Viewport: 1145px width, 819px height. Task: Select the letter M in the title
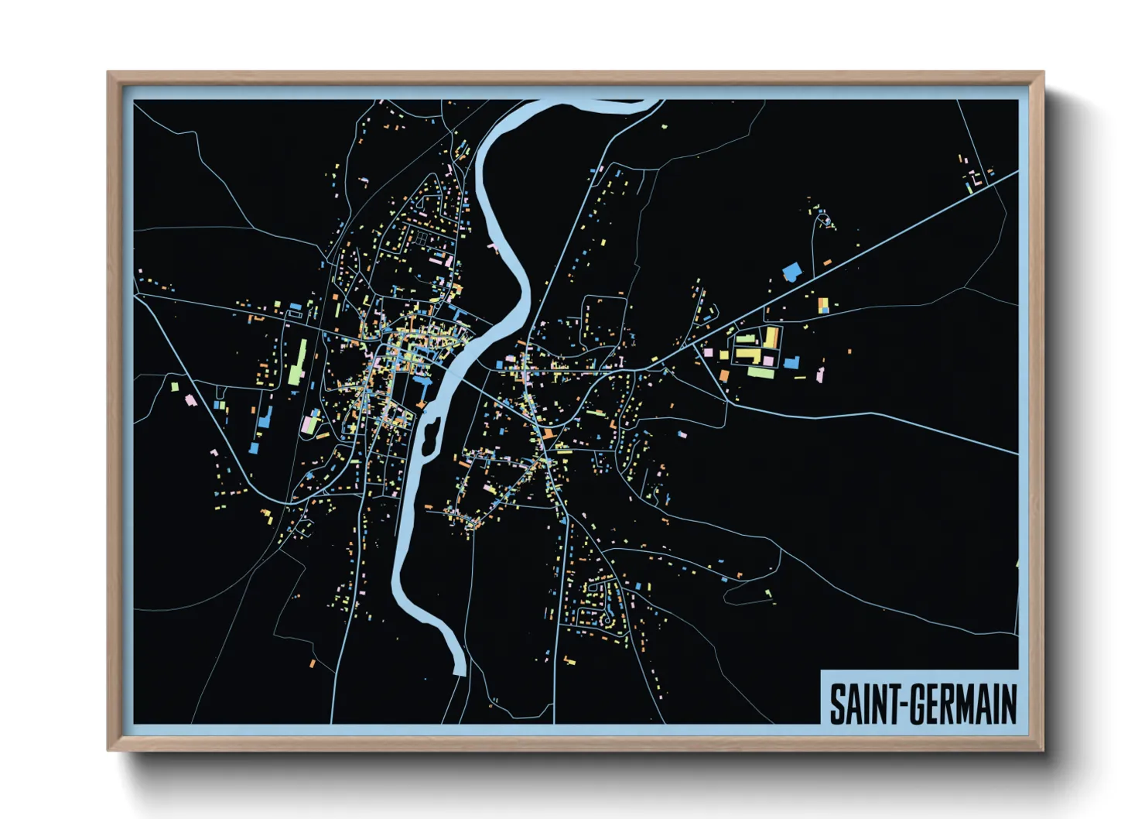(969, 704)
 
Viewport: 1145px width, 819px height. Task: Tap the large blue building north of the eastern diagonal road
(792, 272)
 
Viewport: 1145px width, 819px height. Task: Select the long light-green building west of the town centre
(299, 362)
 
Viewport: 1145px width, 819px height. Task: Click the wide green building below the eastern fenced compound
(760, 372)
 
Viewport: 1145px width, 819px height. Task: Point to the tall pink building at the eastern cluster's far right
(820, 375)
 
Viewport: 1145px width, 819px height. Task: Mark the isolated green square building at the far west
(174, 386)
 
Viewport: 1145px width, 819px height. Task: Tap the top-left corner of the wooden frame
(108, 73)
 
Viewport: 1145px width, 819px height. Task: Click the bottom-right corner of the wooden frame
(1042, 749)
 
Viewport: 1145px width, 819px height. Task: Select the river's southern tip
(460, 672)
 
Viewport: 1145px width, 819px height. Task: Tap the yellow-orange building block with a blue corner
(823, 304)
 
